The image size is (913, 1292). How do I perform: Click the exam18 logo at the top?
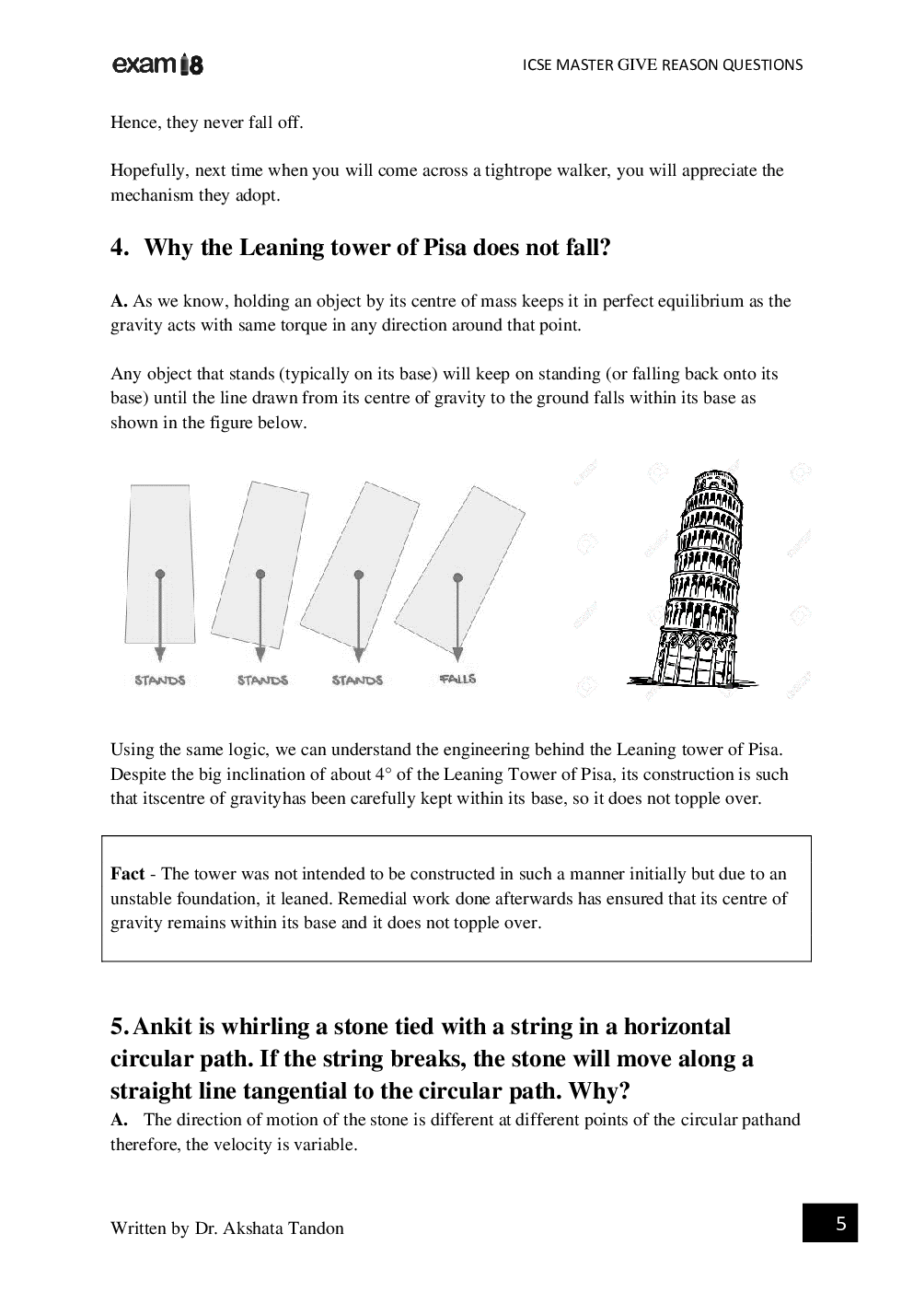[156, 64]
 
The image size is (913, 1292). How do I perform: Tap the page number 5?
[840, 1224]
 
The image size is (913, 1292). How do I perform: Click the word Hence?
[134, 122]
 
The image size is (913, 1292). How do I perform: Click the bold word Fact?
[127, 874]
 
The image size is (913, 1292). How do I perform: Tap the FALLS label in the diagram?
[457, 679]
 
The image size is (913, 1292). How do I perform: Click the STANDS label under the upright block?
[160, 681]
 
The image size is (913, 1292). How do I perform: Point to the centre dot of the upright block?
[160, 574]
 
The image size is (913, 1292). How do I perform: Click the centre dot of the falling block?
[457, 578]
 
